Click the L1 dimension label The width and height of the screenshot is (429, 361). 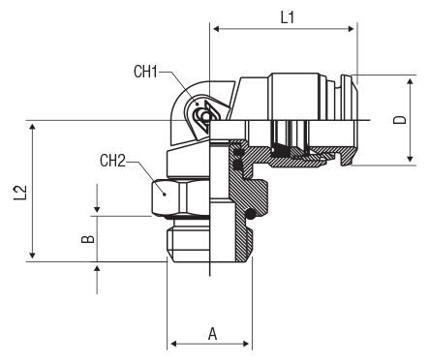tap(288, 17)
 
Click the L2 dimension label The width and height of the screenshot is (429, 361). tap(20, 193)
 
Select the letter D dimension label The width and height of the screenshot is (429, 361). tap(400, 120)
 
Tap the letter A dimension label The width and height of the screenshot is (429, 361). tap(212, 334)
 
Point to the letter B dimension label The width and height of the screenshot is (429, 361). tap(87, 239)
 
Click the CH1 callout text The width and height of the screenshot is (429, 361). tap(145, 72)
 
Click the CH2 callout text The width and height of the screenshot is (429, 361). tap(112, 161)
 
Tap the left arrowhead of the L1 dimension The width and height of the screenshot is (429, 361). tap(217, 29)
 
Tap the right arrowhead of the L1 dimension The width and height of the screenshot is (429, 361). tap(351, 29)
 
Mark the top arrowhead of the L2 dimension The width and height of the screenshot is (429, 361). tap(32, 127)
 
